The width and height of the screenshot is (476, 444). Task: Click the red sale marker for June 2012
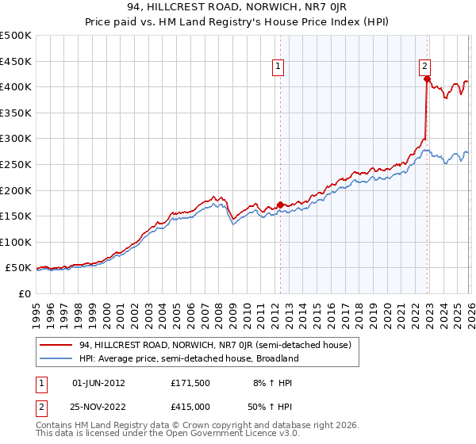tap(280, 205)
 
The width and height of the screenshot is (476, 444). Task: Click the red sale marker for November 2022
tap(427, 78)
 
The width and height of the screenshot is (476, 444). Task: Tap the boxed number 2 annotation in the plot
tap(425, 67)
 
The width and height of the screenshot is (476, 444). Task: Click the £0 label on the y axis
tap(24, 294)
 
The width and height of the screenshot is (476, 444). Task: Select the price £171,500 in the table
tap(190, 383)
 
